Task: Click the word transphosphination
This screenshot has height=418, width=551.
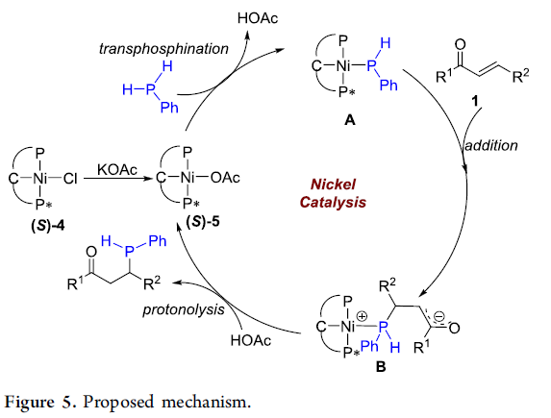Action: [x=163, y=48]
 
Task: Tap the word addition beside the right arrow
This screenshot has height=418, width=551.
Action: [x=491, y=145]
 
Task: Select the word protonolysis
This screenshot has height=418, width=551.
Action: [x=184, y=309]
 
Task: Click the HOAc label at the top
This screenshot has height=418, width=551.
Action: [x=258, y=18]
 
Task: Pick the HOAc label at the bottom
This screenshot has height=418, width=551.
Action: [x=251, y=340]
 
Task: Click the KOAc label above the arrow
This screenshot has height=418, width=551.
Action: [x=117, y=170]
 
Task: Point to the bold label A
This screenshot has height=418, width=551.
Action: [x=350, y=120]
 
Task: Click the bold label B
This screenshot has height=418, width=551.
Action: [x=381, y=367]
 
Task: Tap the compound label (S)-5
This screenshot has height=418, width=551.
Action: [x=203, y=221]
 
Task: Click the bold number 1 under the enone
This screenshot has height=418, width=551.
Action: [x=475, y=101]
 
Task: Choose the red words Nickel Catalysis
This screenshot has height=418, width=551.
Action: [x=333, y=193]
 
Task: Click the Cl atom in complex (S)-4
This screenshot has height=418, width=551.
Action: [x=70, y=179]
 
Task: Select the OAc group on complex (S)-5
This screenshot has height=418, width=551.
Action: [x=225, y=178]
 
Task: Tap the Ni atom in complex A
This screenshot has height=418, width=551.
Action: [x=342, y=65]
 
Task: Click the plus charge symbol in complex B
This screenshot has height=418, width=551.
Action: [x=362, y=316]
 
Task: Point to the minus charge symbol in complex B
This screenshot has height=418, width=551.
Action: [x=438, y=316]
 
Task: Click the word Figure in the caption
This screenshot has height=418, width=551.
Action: [x=30, y=402]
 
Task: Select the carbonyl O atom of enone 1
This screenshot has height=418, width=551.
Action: [x=460, y=44]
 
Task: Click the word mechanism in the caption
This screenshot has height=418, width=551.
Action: [x=207, y=402]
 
